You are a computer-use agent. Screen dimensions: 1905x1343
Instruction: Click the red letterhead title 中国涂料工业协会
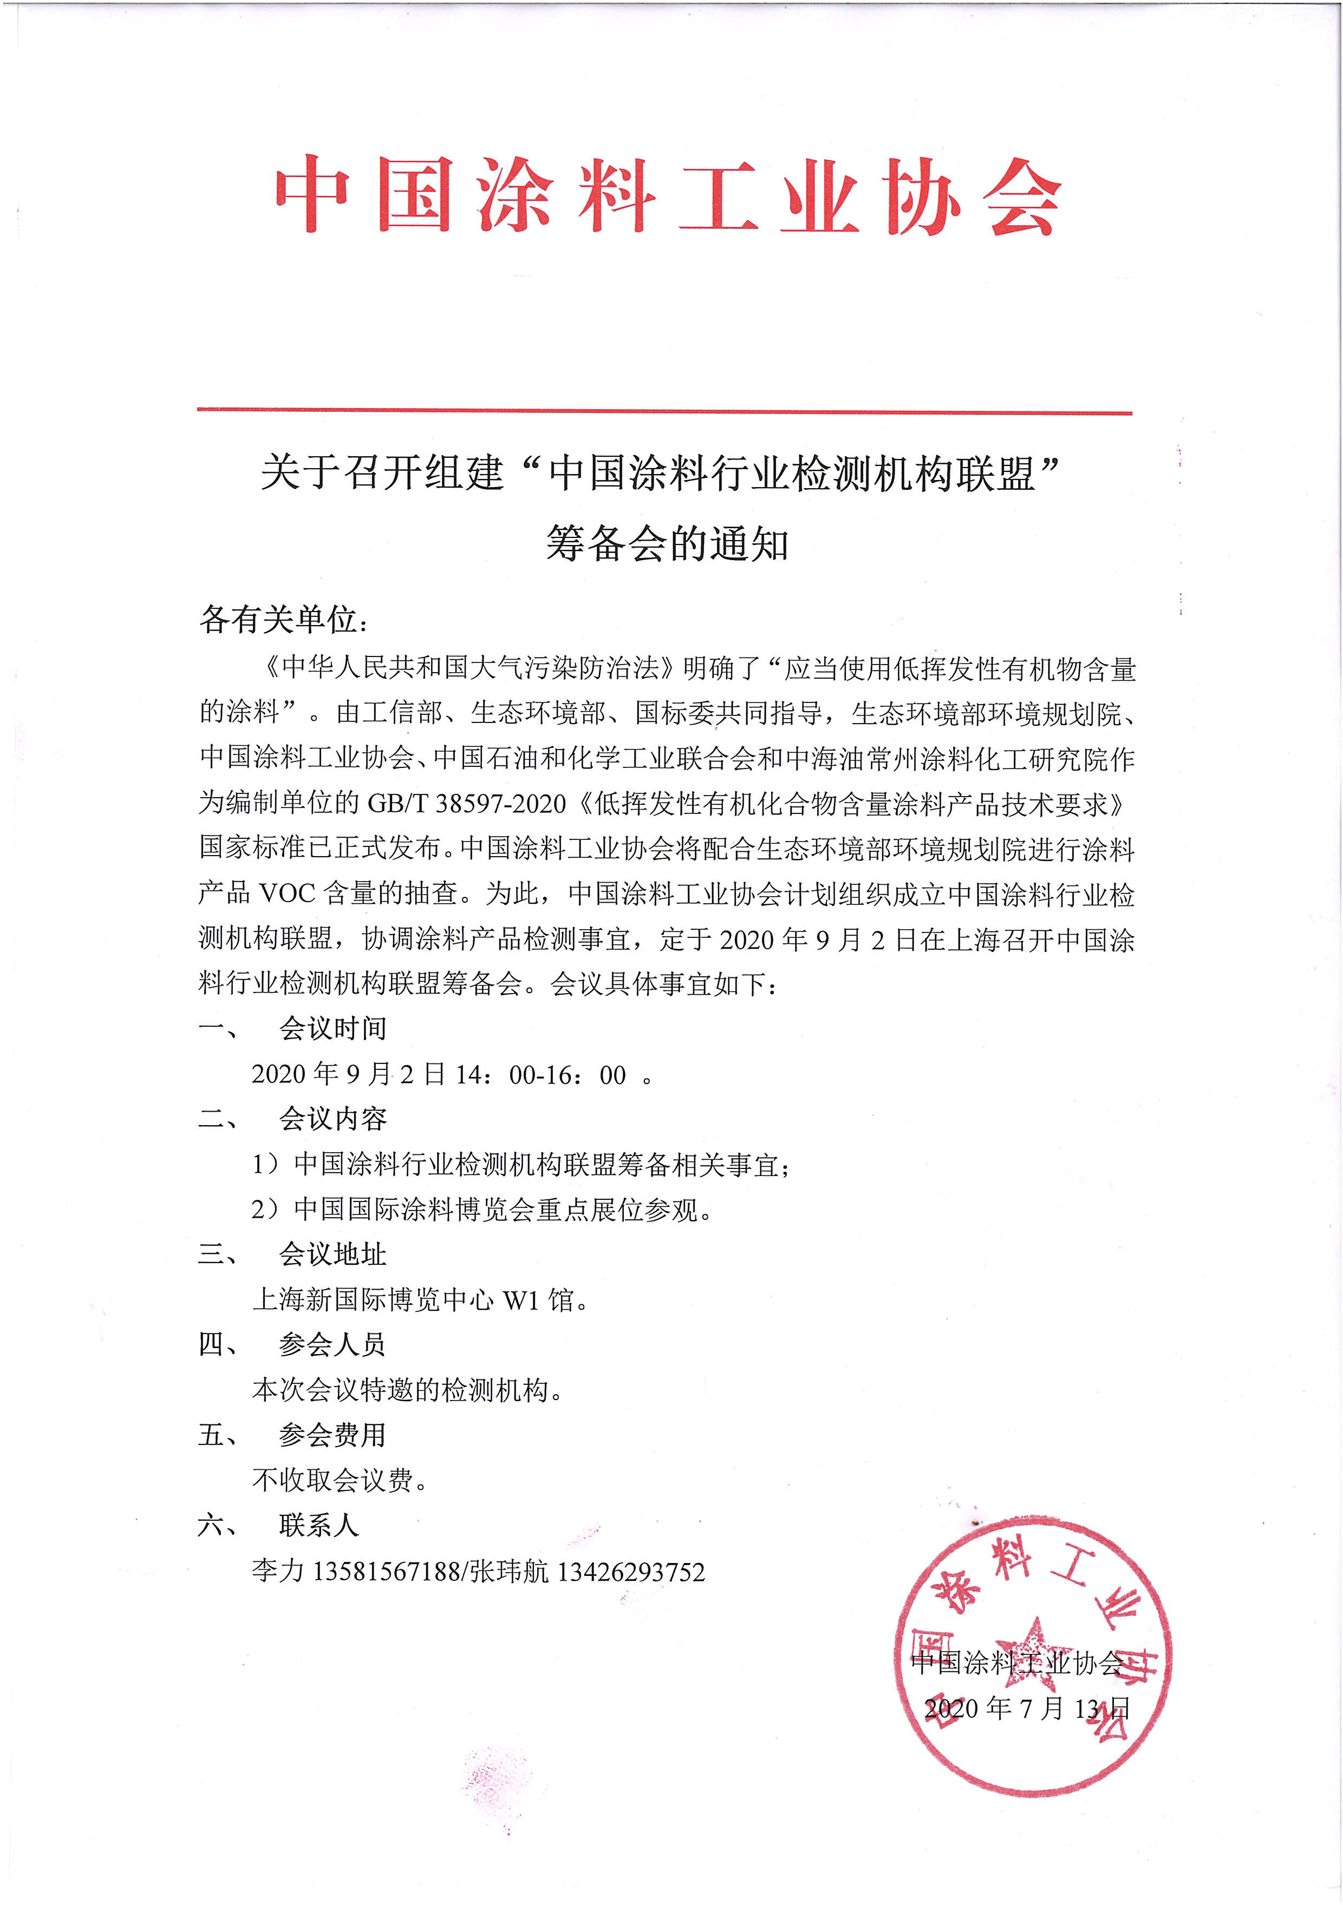(668, 196)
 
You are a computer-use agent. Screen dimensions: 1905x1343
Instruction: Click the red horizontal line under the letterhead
(664, 411)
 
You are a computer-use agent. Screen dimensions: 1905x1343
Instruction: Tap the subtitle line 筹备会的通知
(667, 544)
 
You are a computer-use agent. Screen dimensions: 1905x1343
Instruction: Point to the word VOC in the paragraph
(287, 893)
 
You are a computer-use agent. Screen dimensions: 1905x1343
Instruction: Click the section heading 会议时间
(333, 1028)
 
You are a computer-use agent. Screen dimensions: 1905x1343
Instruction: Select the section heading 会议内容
(333, 1119)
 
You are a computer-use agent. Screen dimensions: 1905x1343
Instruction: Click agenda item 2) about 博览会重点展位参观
(481, 1210)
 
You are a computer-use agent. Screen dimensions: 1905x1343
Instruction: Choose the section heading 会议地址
(333, 1254)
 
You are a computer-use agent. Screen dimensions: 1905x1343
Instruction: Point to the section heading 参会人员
(333, 1344)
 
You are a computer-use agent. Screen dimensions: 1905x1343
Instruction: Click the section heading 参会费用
(333, 1435)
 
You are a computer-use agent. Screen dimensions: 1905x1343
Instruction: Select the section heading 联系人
(319, 1524)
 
